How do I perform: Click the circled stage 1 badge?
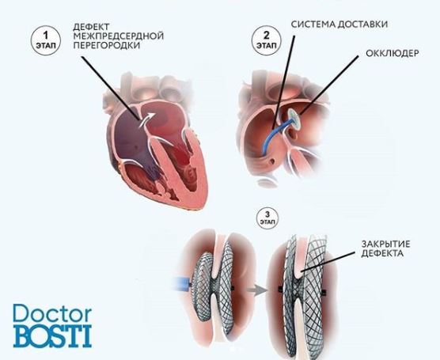[46, 40]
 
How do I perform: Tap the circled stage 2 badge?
[266, 40]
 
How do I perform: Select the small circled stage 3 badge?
[267, 218]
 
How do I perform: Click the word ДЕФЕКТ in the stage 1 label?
[91, 27]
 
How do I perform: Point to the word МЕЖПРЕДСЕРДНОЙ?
[118, 36]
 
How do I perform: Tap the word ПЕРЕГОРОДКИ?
[106, 45]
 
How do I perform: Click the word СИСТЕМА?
[313, 25]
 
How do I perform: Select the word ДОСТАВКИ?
[362, 25]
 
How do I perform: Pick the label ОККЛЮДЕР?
[392, 53]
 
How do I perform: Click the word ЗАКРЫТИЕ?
[385, 244]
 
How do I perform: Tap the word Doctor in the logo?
[52, 313]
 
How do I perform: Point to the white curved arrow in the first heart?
[146, 119]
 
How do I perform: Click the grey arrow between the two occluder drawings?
[256, 290]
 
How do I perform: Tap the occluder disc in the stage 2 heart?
[294, 119]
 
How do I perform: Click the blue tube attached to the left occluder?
[182, 285]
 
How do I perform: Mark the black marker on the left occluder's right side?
[232, 288]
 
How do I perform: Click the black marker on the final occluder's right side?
[324, 293]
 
